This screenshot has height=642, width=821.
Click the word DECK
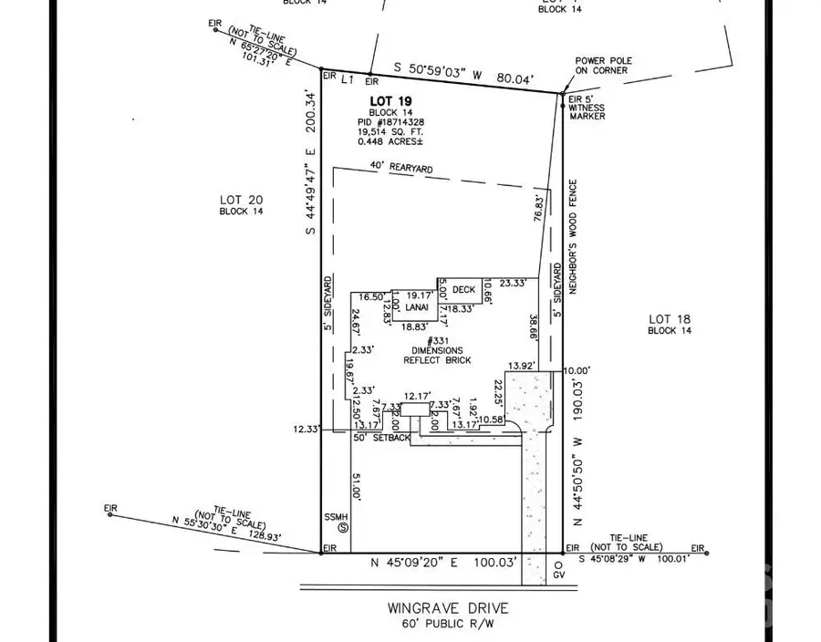tap(464, 290)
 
